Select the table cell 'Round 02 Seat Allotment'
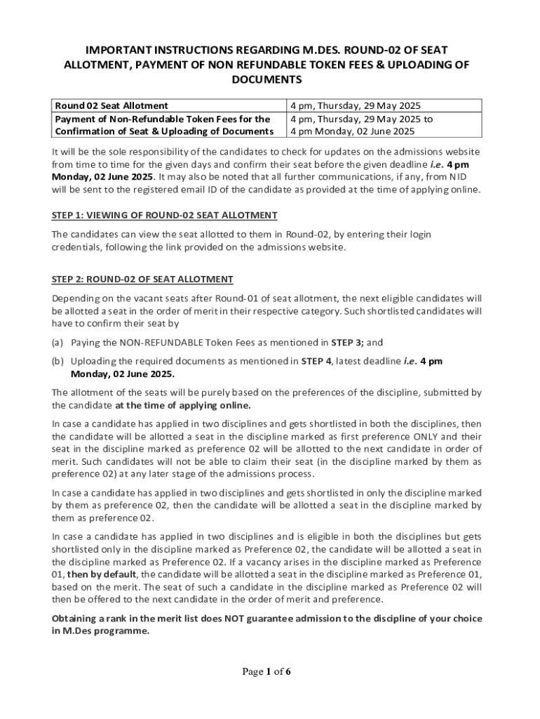point(112,105)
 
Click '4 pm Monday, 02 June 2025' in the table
point(352,131)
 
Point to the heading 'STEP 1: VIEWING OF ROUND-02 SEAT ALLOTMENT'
point(165,215)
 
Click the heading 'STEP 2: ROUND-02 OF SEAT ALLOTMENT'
point(142,279)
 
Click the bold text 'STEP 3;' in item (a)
point(347,343)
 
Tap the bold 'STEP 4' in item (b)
point(316,361)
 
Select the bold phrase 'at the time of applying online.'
point(183,405)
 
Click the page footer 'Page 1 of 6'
point(266,672)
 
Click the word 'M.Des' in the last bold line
point(76,631)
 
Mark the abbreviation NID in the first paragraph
point(458,177)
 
